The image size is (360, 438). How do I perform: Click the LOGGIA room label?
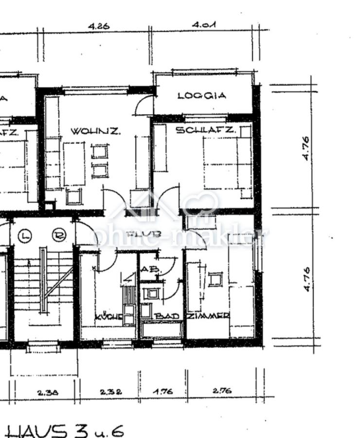coord(202,96)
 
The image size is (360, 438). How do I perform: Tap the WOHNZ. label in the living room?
coord(95,131)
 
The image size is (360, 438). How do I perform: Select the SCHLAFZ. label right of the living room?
coord(206,130)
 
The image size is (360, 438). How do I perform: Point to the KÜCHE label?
coord(108,317)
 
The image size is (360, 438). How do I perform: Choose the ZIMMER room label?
coord(208,316)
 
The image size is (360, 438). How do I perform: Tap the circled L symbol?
coord(25,236)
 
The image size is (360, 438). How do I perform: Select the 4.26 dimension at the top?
coord(99,26)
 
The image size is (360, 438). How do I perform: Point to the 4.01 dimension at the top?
coord(204,24)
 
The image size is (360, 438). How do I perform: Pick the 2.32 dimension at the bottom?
coord(111,391)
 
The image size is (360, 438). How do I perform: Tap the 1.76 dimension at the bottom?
coord(162,391)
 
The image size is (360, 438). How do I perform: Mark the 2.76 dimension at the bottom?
coord(222,390)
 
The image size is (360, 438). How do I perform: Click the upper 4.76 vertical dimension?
coord(306,148)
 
